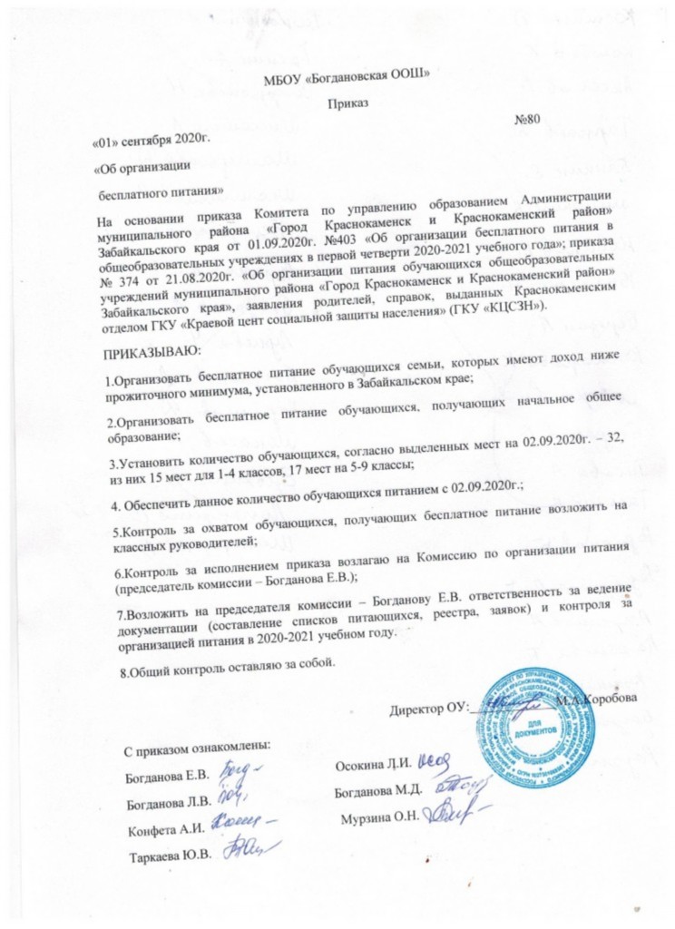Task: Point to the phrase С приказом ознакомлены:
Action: pos(197,749)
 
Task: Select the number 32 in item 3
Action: pos(623,439)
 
